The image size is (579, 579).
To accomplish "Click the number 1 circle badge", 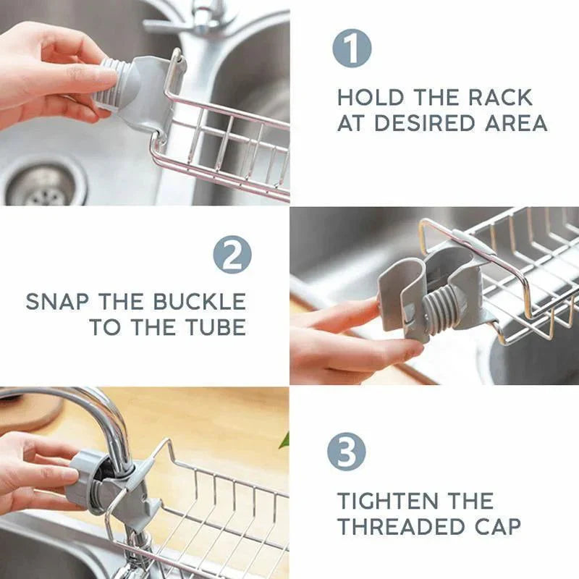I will tap(352, 50).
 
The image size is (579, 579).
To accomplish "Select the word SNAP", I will tap(59, 302).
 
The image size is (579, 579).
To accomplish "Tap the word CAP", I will tap(499, 526).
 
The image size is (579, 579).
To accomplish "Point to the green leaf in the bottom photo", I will tap(284, 439).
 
